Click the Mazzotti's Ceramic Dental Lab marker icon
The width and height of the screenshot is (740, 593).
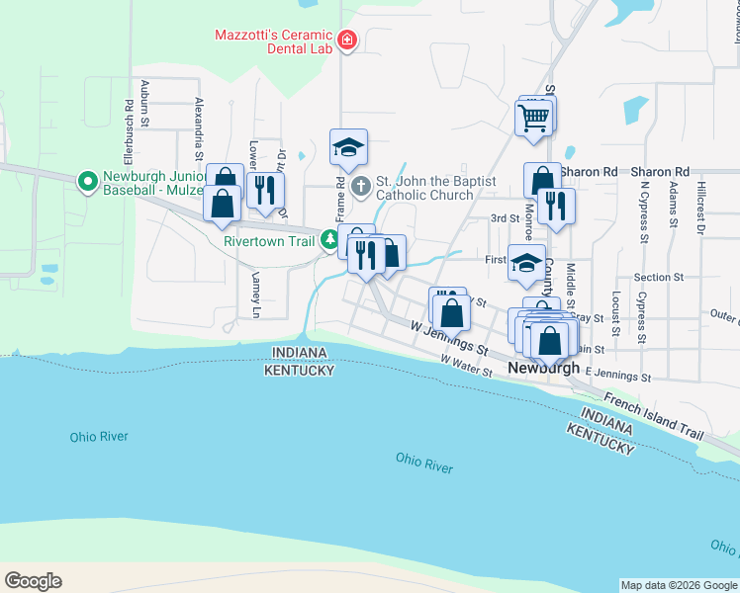tap(346, 41)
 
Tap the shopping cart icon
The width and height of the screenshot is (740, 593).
tap(533, 117)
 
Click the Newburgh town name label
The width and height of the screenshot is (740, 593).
tap(543, 368)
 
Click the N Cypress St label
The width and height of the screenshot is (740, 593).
tap(644, 210)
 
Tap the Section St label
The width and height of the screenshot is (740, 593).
tap(659, 278)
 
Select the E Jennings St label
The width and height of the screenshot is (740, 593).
tap(618, 375)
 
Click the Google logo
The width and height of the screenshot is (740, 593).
tap(33, 581)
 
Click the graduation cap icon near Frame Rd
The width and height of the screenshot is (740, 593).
tap(348, 147)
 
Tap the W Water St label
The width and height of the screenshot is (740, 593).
tap(467, 363)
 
